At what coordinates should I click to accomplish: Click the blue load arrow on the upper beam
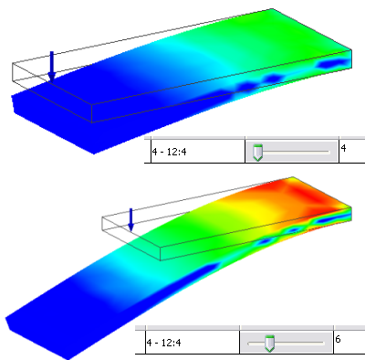(52, 67)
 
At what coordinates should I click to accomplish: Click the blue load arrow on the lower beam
(131, 219)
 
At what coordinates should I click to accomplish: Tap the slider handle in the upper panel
(257, 153)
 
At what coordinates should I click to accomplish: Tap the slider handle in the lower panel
(269, 343)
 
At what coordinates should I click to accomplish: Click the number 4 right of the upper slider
(344, 148)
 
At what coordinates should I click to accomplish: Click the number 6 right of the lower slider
(339, 339)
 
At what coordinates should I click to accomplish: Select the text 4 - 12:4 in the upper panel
(170, 152)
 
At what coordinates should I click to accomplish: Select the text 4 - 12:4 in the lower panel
(164, 343)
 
